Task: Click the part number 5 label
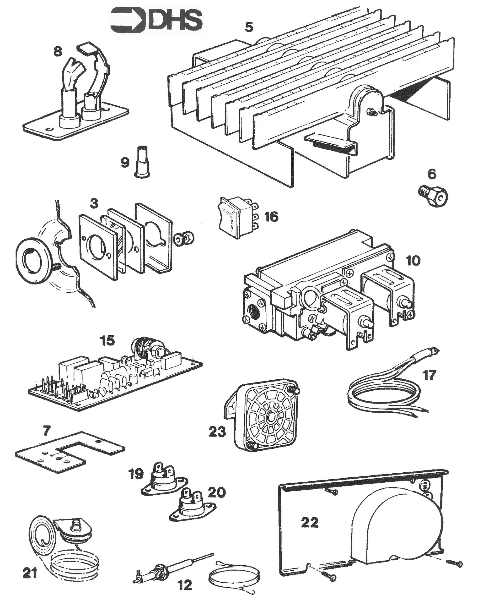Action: coord(249,27)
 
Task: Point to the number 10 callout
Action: coord(413,261)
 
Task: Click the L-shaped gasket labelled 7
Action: coord(70,451)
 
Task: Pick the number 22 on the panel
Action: coord(310,522)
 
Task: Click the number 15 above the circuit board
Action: coord(107,341)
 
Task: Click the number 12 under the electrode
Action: coord(185,585)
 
